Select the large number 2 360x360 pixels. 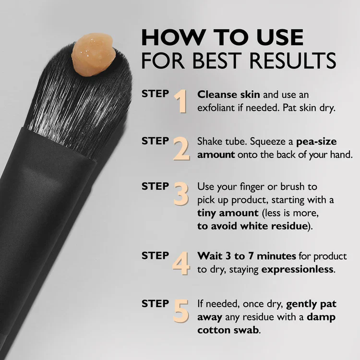[181, 148]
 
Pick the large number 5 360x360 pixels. [181, 311]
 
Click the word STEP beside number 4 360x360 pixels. [155, 255]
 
